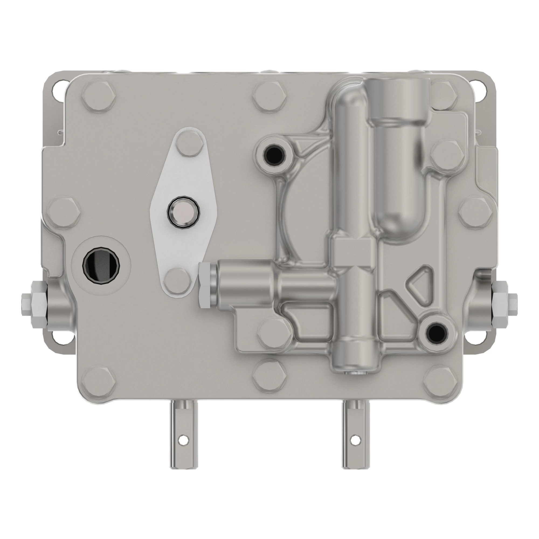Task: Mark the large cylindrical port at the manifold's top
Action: [x=399, y=101]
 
